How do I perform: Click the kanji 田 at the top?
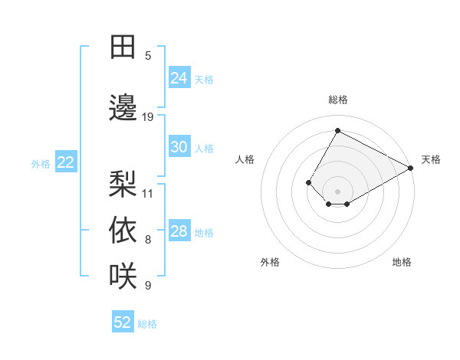click(x=123, y=47)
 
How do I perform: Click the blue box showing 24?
click(x=179, y=77)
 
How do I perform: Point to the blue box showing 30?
click(x=179, y=147)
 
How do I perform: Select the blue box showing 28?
click(x=179, y=232)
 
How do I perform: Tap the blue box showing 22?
click(x=66, y=162)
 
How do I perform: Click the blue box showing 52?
click(x=123, y=322)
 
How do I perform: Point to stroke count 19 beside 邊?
click(x=148, y=117)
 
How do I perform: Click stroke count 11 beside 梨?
click(x=148, y=193)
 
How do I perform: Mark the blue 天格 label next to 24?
click(x=204, y=79)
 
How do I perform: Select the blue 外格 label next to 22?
click(x=41, y=163)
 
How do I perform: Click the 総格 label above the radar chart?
click(x=338, y=100)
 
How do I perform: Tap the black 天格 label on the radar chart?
click(x=431, y=159)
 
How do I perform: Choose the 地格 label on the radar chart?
click(x=402, y=262)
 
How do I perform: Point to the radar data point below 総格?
click(x=337, y=131)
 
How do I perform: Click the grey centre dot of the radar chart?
click(x=337, y=191)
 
